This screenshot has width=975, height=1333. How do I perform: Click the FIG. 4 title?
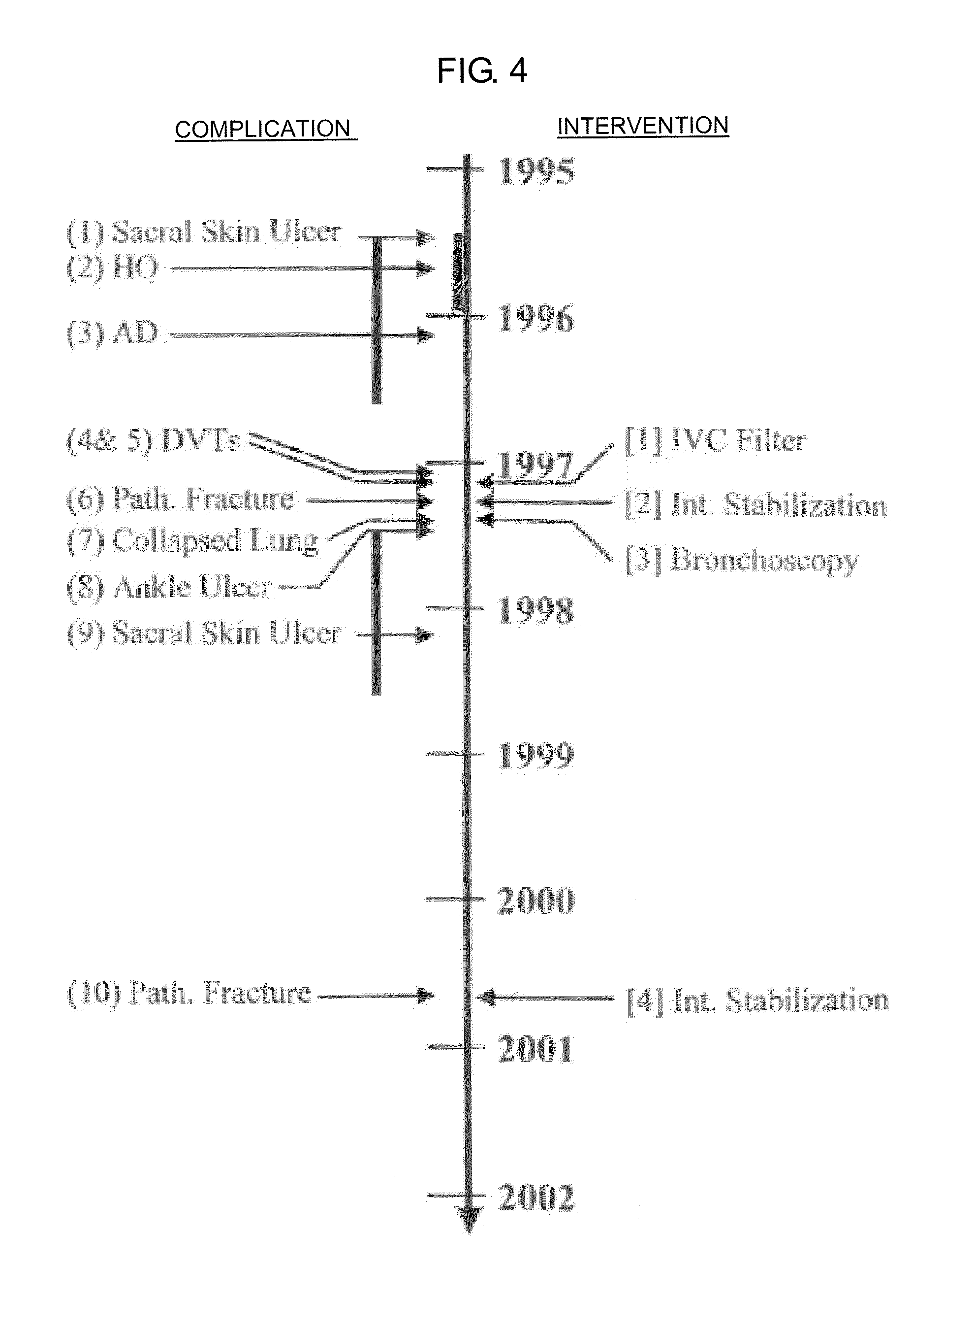tap(482, 71)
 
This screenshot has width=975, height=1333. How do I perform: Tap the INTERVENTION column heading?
tap(643, 125)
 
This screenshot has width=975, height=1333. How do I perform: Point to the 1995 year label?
tap(536, 172)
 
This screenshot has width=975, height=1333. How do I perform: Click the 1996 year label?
tap(536, 319)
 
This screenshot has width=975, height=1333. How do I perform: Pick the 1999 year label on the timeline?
tap(536, 755)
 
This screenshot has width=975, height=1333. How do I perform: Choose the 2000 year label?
tap(536, 900)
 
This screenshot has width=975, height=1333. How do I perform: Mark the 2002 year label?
tap(536, 1198)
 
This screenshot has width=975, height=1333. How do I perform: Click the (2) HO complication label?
tap(112, 268)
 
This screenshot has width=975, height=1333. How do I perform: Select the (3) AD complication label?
tap(112, 333)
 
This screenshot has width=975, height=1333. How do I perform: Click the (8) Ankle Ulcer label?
tap(169, 587)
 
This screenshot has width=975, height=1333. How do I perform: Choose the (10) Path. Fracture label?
tap(189, 994)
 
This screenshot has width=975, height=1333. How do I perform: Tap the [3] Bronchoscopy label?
tap(742, 560)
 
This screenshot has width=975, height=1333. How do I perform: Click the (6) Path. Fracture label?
tap(180, 500)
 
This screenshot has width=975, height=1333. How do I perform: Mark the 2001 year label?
tap(536, 1050)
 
